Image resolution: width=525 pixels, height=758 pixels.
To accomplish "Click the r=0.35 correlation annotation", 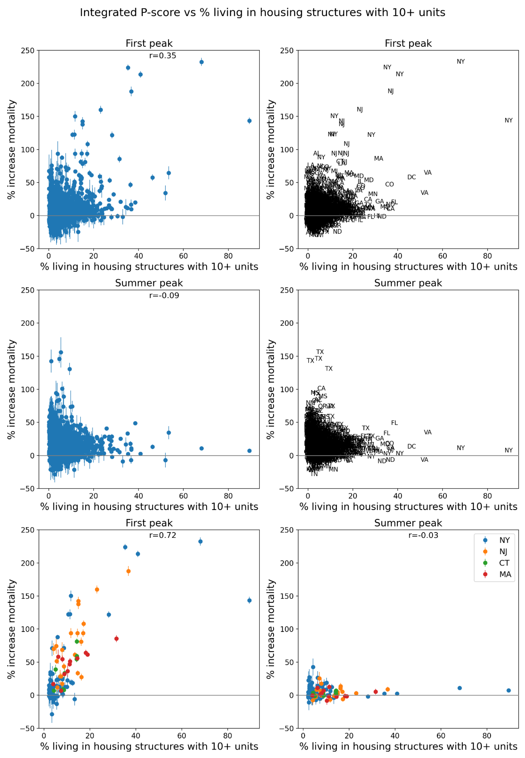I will (x=163, y=56).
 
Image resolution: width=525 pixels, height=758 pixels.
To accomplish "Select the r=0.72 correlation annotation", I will (x=163, y=535).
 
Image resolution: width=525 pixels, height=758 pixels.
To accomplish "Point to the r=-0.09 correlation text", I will (x=164, y=295).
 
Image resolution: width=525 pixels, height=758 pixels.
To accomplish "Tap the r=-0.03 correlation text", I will (x=423, y=535).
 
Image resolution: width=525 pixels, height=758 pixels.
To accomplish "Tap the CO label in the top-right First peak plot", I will (x=389, y=184).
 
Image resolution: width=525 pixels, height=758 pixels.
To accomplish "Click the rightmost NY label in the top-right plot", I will (x=508, y=121).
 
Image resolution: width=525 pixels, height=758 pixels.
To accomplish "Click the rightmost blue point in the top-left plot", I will (x=249, y=121).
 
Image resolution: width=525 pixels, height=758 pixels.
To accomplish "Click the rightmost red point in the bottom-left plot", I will (x=116, y=639).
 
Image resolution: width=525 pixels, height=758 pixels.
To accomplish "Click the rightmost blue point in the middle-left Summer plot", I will (x=249, y=451).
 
